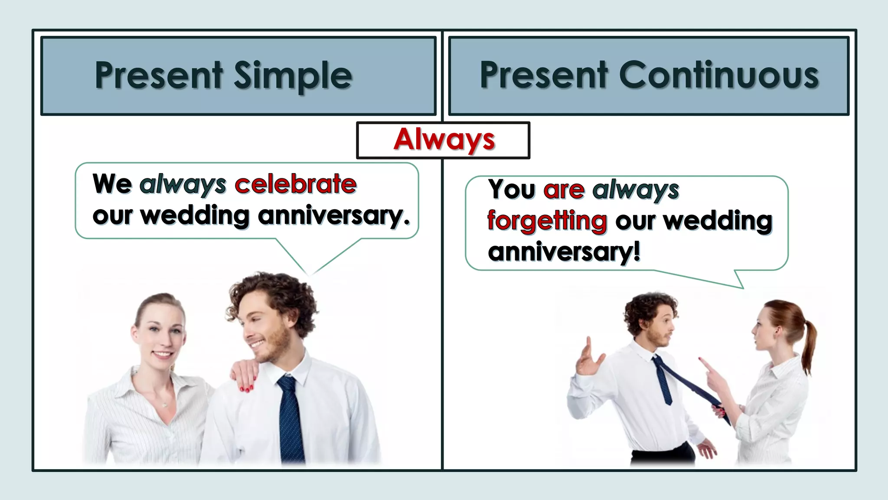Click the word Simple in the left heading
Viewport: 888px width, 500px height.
coord(293,76)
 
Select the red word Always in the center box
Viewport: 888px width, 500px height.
coord(444,140)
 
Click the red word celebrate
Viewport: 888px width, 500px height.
coord(295,184)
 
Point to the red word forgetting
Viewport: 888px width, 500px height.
coord(547,221)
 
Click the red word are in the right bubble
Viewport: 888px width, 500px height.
coord(564,190)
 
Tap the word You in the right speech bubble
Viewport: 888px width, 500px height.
coord(512,190)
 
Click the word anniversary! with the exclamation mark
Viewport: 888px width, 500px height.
coord(564,252)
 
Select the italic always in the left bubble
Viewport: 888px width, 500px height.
coord(183,185)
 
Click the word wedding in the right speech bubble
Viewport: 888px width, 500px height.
coord(718,221)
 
